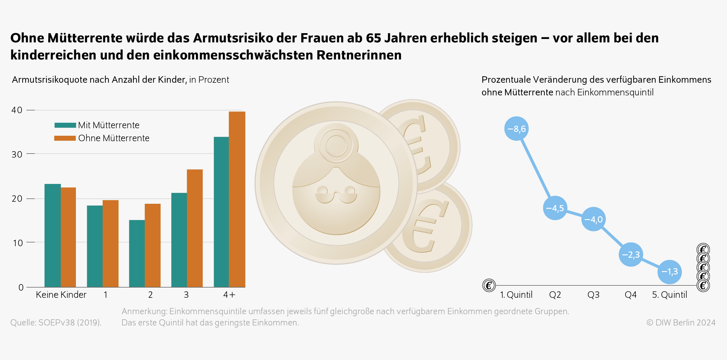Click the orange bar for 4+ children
coord(237,199)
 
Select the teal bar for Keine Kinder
coord(53,236)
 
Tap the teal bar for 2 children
coord(137,253)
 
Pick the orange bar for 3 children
coord(195,228)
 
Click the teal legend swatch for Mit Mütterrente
coord(65,125)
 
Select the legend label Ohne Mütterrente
coord(114,138)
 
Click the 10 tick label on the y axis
coord(17,243)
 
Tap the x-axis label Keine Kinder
coord(61,295)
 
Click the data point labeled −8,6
coord(516,129)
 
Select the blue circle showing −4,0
coord(593,219)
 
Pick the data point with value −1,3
coord(669,272)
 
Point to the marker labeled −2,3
coord(631,255)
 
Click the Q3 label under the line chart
coord(593,295)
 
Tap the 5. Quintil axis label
coord(669,295)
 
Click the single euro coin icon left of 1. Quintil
coord(489,285)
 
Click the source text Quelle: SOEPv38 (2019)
coord(56,322)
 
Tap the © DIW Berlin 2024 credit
coord(680,322)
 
